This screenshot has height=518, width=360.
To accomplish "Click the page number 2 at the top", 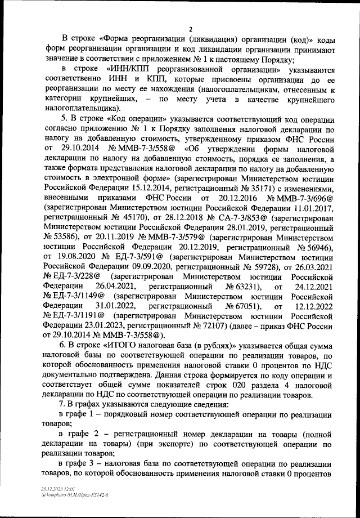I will pyautogui.click(x=190, y=29).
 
